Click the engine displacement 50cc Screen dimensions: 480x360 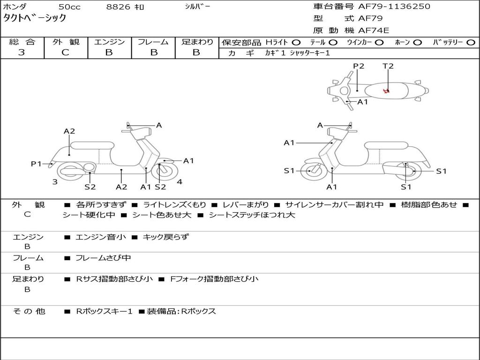point(69,7)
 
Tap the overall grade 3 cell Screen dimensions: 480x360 point(22,52)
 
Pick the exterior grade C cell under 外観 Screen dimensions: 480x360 point(66,52)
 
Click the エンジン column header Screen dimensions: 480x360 point(109,42)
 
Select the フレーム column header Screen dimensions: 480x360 point(153,42)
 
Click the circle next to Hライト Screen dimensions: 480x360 point(296,43)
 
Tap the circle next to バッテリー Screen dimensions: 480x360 point(471,43)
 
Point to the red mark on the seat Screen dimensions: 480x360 point(386,91)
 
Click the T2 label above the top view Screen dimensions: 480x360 point(388,66)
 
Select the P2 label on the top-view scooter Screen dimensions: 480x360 point(359,66)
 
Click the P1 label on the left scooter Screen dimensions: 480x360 point(36,164)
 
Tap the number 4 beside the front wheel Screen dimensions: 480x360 point(180,182)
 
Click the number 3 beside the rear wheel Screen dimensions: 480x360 point(55,182)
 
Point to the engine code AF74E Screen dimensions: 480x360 point(374,31)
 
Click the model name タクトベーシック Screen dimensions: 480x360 point(35,18)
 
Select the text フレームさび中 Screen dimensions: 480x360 point(103,258)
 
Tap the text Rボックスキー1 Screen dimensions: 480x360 point(104,311)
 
